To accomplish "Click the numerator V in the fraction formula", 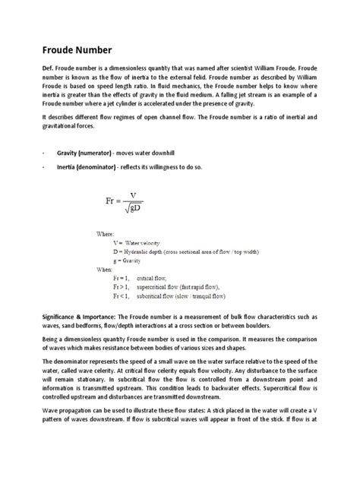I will (134, 195).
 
